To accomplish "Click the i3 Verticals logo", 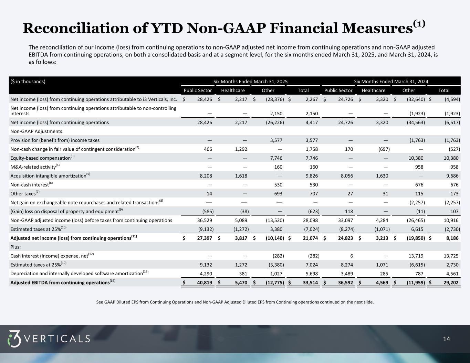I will (x=49, y=339).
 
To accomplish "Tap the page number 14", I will (x=446, y=339).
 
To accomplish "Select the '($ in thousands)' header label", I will (x=28, y=82).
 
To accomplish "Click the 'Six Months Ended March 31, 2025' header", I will (x=251, y=82).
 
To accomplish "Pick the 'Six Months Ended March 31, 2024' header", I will (x=391, y=82).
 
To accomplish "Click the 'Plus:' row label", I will (x=16, y=247).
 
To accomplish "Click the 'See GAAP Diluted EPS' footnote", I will (x=235, y=302).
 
